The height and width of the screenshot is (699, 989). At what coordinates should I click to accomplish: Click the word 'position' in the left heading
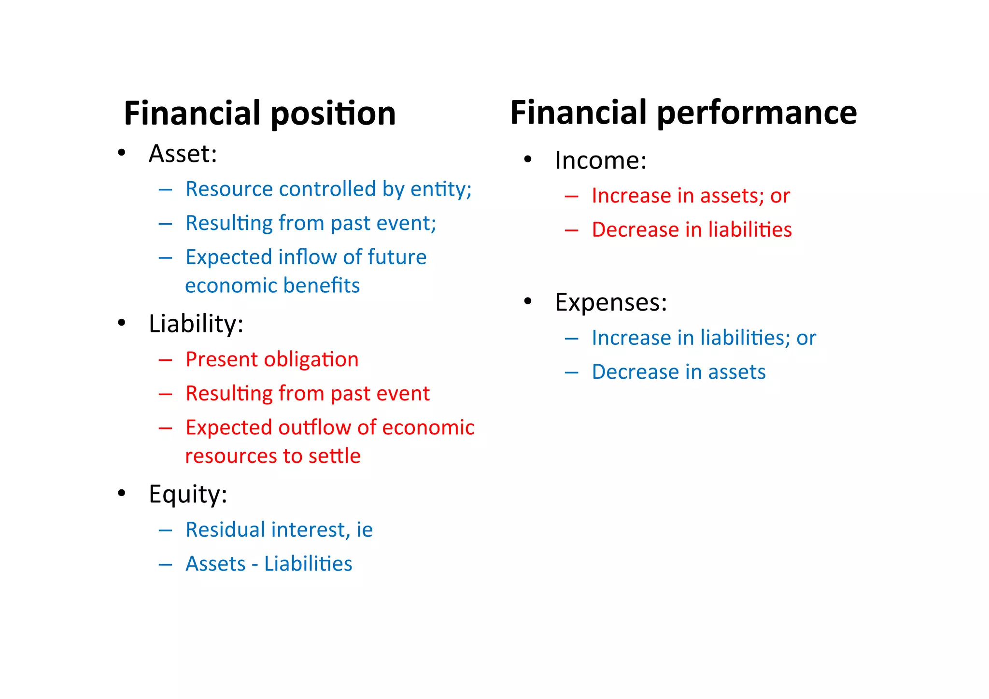tap(333, 114)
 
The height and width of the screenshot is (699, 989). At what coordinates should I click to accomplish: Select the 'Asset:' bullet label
tap(183, 154)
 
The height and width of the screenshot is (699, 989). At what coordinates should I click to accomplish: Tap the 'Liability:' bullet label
tap(196, 324)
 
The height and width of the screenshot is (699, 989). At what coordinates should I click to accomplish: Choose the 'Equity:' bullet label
tap(188, 494)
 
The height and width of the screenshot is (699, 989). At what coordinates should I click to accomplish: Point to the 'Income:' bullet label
tap(600, 160)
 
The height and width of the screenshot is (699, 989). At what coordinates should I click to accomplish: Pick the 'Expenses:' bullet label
tap(611, 302)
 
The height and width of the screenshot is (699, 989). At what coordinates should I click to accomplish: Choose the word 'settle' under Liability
tap(334, 456)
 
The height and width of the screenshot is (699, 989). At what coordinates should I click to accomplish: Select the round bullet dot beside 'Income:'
tap(527, 159)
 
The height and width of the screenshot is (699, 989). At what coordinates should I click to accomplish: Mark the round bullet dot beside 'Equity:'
tap(121, 493)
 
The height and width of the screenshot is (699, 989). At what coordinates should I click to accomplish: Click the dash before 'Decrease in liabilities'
tap(571, 230)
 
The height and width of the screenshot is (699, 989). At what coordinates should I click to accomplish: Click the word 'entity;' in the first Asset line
tap(441, 189)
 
